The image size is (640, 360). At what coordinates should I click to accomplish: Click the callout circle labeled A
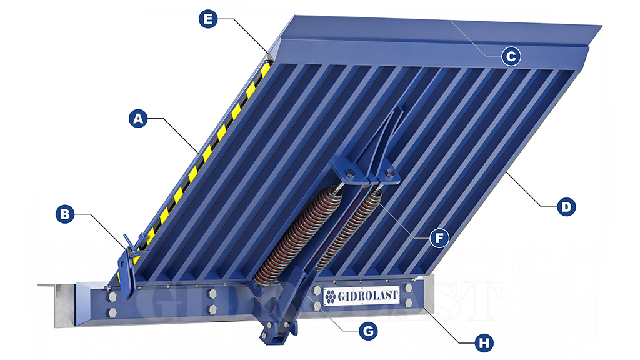tap(138, 118)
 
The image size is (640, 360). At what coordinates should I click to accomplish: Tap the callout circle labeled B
tap(65, 214)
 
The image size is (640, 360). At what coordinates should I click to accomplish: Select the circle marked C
tap(511, 56)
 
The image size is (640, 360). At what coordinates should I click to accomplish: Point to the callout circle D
tap(566, 207)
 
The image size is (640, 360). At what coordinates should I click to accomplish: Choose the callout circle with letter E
tap(208, 19)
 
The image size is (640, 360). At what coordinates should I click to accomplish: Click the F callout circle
tap(439, 238)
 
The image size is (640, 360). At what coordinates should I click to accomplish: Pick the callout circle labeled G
tap(368, 331)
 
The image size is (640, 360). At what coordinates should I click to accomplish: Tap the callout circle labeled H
tap(484, 343)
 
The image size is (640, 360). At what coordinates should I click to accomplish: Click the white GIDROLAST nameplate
tap(361, 296)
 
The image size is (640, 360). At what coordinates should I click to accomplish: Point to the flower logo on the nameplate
tap(331, 296)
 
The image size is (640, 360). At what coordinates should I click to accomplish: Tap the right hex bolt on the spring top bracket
tap(389, 172)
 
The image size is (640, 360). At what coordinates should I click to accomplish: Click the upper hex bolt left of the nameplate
tap(317, 291)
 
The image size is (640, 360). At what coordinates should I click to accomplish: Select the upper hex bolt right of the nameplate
tap(409, 288)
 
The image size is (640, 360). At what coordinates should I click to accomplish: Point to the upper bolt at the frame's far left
tap(112, 297)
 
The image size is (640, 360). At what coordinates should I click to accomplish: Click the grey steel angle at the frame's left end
tap(61, 305)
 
